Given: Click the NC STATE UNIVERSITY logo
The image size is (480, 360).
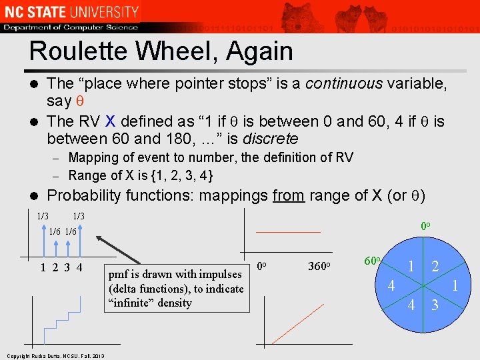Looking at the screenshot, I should coord(71,11).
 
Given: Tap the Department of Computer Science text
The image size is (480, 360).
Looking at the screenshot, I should coord(71,27).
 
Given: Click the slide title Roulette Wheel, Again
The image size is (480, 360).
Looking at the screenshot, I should coord(161,51).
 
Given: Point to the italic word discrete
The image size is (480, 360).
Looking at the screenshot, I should coord(269,139).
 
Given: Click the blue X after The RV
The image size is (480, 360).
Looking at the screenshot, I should coord(110,121).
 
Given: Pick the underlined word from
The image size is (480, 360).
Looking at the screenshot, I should coord(289,196).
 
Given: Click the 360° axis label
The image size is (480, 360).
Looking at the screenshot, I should coord(321,267).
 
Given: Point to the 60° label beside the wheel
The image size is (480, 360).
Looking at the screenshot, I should coord(371,261).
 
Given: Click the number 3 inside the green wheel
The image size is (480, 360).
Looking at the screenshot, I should coord(434,306).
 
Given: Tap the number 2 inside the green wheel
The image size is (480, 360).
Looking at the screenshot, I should coord(434,267).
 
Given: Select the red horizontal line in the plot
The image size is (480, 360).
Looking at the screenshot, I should coord(288,232).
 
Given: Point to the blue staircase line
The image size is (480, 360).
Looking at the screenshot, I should coord(62,320).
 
